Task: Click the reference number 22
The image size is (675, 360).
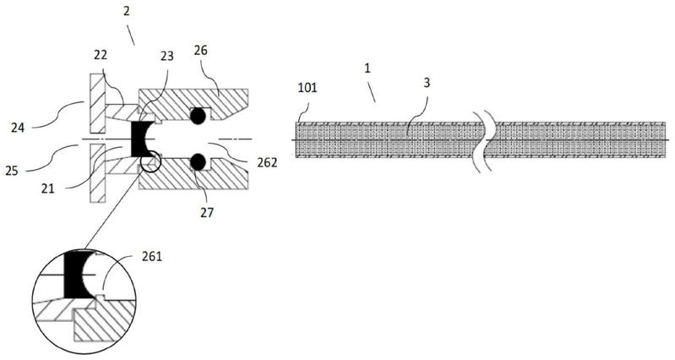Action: pyautogui.click(x=101, y=56)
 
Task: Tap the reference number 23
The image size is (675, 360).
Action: pyautogui.click(x=166, y=56)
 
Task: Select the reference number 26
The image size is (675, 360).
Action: pyautogui.click(x=200, y=51)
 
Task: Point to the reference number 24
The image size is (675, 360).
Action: pyautogui.click(x=18, y=127)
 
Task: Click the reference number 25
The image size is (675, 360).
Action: pyautogui.click(x=12, y=171)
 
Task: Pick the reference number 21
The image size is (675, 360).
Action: pyautogui.click(x=48, y=188)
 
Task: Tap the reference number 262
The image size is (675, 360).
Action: pyautogui.click(x=267, y=162)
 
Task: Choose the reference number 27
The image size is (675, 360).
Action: pyautogui.click(x=207, y=212)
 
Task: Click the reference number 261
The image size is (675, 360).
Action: pyautogui.click(x=152, y=257)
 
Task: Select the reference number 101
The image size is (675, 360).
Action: pyautogui.click(x=308, y=88)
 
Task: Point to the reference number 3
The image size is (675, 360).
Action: pyautogui.click(x=427, y=83)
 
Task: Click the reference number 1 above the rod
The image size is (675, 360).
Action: pyautogui.click(x=367, y=68)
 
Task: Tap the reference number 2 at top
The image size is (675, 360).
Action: pyautogui.click(x=126, y=11)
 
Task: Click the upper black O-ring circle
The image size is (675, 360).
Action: pyautogui.click(x=198, y=116)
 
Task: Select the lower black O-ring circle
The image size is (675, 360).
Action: pyautogui.click(x=198, y=161)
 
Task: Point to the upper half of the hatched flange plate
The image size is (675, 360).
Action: pyautogui.click(x=98, y=103)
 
